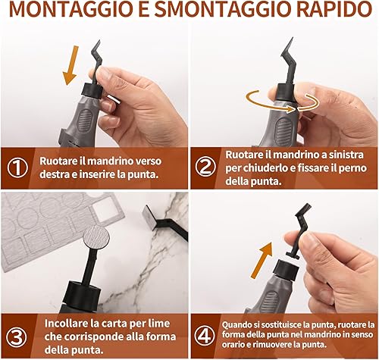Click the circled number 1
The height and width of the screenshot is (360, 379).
tap(17, 167)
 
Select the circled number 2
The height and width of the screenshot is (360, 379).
tap(206, 167)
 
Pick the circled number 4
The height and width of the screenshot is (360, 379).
tap(205, 336)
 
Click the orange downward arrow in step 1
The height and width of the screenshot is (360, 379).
tap(70, 65)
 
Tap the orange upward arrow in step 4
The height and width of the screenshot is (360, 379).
tap(262, 260)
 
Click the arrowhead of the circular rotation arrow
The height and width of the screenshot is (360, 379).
tap(291, 109)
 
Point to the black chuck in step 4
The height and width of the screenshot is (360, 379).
tap(286, 270)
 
